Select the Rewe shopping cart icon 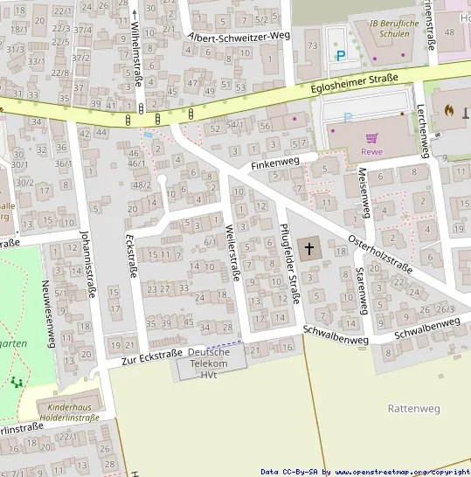372,137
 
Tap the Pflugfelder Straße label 289,264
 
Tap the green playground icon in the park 16,382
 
